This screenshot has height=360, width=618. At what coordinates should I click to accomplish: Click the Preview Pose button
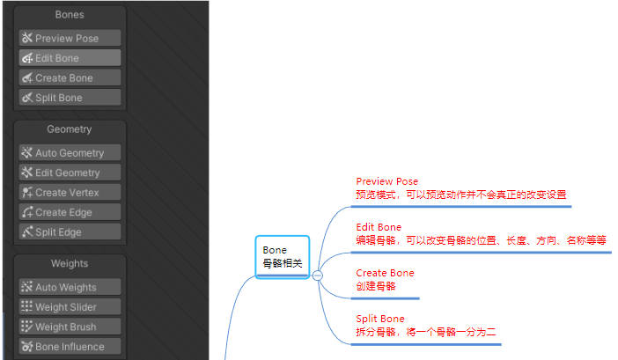pyautogui.click(x=70, y=39)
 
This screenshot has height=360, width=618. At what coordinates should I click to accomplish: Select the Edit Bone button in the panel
pyautogui.click(x=70, y=58)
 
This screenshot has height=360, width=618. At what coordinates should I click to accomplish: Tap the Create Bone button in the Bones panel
pyautogui.click(x=70, y=78)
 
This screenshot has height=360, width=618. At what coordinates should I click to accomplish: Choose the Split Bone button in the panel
pyautogui.click(x=70, y=98)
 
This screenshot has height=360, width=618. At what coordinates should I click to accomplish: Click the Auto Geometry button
pyautogui.click(x=70, y=153)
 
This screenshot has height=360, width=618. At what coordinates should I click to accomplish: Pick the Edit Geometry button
pyautogui.click(x=70, y=173)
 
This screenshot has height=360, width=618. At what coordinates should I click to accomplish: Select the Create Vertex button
pyautogui.click(x=70, y=193)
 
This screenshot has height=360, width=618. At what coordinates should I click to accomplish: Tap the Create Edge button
pyautogui.click(x=70, y=212)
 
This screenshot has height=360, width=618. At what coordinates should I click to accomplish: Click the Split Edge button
pyautogui.click(x=70, y=232)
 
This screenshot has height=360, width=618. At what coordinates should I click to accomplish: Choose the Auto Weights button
pyautogui.click(x=70, y=287)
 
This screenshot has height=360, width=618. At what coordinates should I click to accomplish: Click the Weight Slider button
pyautogui.click(x=70, y=307)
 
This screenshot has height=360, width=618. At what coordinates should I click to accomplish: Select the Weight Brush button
pyautogui.click(x=70, y=327)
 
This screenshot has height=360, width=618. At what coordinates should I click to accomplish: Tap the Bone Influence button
pyautogui.click(x=70, y=347)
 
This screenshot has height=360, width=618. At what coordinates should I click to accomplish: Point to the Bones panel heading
pyautogui.click(x=70, y=15)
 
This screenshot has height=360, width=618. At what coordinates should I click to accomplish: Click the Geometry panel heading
pyautogui.click(x=70, y=129)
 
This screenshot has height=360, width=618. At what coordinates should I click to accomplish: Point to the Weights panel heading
pyautogui.click(x=70, y=263)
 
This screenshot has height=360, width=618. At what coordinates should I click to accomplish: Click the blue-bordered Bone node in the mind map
pyautogui.click(x=283, y=257)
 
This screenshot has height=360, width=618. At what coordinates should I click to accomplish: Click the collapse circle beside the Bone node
pyautogui.click(x=318, y=276)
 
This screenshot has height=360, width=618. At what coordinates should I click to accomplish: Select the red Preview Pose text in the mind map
pyautogui.click(x=386, y=181)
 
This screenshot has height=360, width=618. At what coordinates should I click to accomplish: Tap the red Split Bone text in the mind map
pyautogui.click(x=380, y=319)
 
